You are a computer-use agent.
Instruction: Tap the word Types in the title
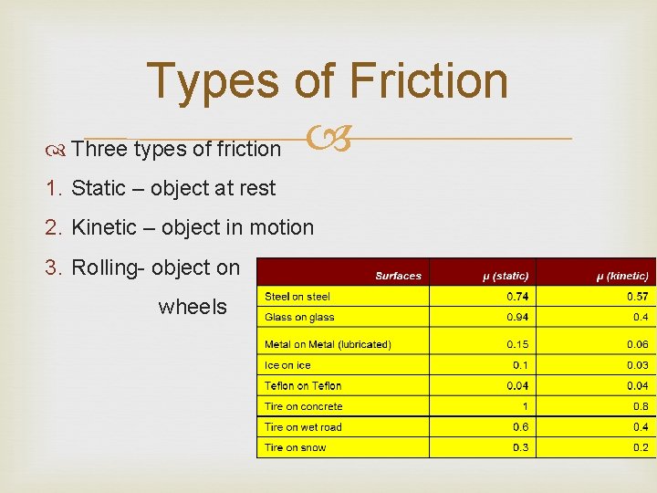213,80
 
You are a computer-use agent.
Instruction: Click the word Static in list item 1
99,188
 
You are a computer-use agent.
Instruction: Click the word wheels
193,307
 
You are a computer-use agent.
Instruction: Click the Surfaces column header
399,275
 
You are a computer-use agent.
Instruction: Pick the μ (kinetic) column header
623,275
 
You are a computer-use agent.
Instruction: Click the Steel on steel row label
297,296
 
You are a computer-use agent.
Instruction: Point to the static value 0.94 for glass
518,317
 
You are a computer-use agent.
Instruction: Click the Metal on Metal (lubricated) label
328,344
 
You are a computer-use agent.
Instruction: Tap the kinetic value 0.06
638,344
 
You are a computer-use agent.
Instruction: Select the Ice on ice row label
287,365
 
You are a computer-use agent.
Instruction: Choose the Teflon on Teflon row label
303,386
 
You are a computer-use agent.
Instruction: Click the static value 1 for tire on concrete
525,406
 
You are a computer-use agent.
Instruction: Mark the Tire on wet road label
303,427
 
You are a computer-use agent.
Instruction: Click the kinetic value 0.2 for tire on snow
641,447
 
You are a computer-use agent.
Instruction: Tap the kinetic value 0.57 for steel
638,296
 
